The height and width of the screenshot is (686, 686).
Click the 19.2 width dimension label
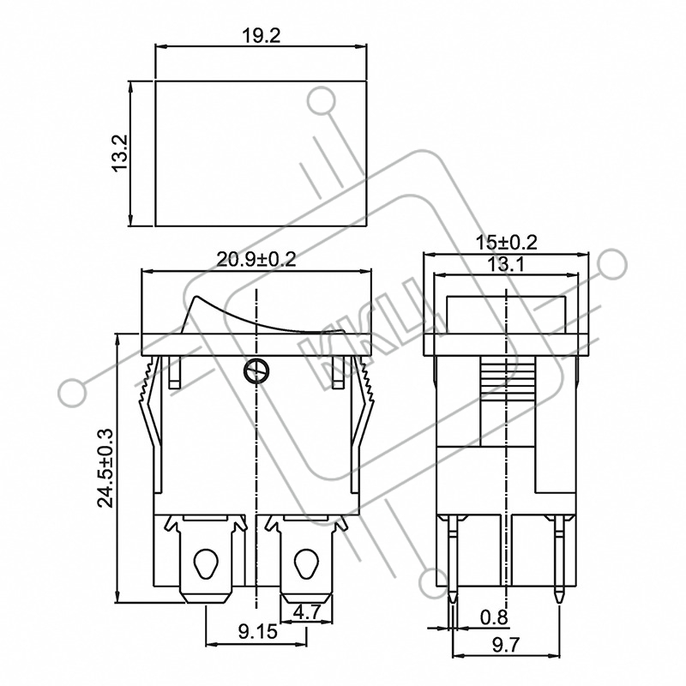[x=262, y=36]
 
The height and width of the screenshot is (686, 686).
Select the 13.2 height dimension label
[x=120, y=153]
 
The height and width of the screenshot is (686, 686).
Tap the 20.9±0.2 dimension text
[x=256, y=260]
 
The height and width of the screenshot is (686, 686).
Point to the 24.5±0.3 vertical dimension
[x=105, y=468]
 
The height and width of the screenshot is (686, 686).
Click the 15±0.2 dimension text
[x=506, y=242]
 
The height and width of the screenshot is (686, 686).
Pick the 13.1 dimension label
[x=506, y=264]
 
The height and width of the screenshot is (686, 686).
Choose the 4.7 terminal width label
[x=307, y=612]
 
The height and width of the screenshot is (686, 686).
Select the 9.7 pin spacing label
[x=506, y=646]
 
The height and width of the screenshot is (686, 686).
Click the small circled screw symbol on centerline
[x=256, y=371]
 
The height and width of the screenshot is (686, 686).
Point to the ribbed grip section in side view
[x=508, y=374]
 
